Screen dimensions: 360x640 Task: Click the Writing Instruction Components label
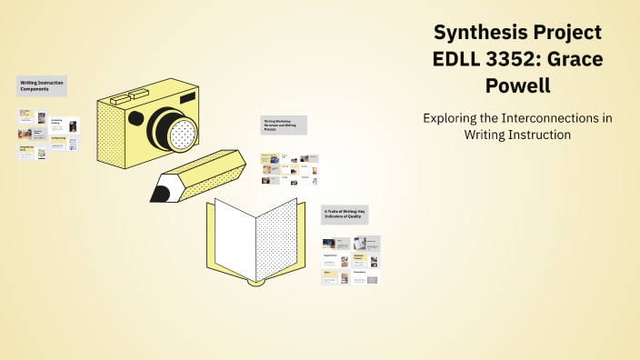coord(42,86)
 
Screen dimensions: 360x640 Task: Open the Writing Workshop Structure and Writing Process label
coord(284,125)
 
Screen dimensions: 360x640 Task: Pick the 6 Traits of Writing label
coord(349,214)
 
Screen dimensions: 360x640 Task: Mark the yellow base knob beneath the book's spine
coord(255,282)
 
